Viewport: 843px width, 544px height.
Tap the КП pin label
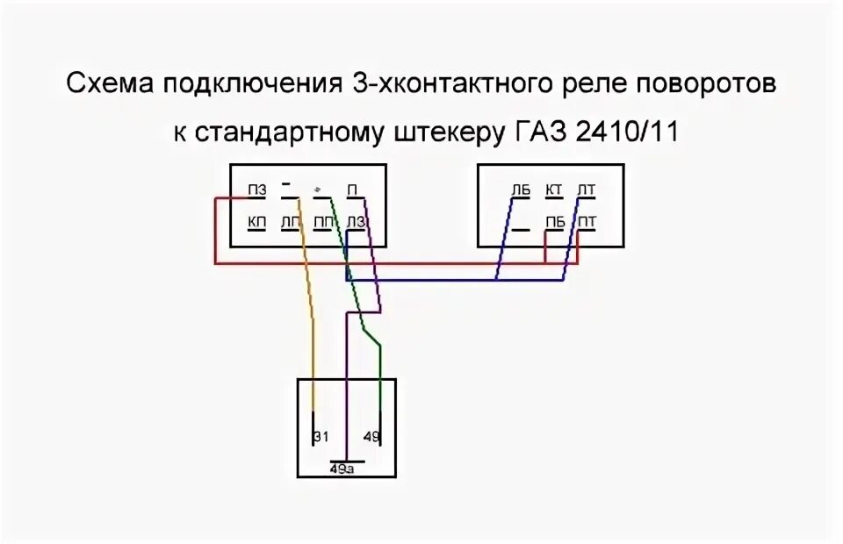256,222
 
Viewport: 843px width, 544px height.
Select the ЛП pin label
290,222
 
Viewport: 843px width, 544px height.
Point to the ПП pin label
323,222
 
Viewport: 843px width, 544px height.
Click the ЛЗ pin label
357,222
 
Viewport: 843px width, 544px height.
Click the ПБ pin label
555,222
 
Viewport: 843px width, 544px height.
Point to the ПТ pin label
587,222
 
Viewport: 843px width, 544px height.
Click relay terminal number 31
321,437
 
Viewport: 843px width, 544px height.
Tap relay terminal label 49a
343,469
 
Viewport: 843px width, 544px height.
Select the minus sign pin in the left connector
287,185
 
